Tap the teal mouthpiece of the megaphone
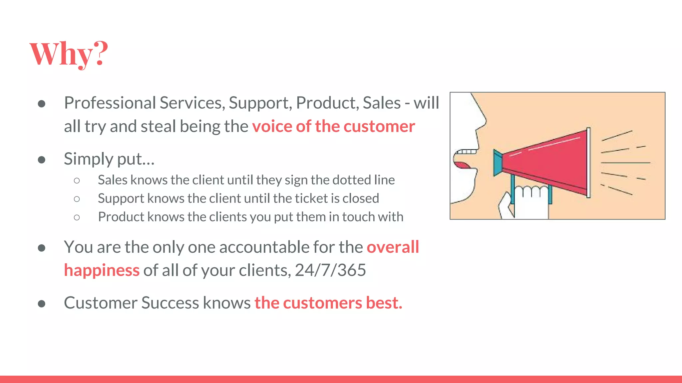pos(498,163)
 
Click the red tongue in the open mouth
pos(462,165)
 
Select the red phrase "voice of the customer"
pos(333,127)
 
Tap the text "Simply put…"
pos(109,159)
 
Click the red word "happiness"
pos(102,270)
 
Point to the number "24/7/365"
pos(330,270)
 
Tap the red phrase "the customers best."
pos(328,303)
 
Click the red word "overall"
pos(393,247)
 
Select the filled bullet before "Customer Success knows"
pos(42,304)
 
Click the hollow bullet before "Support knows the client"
pos(77,199)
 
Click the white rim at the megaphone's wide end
pos(589,163)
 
